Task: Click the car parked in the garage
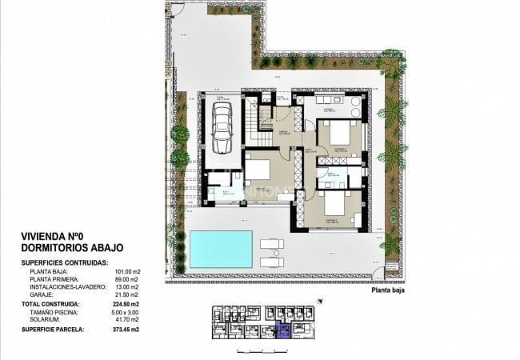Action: click(x=222, y=128)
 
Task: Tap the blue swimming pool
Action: click(x=221, y=249)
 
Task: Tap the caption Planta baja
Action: click(x=392, y=292)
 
